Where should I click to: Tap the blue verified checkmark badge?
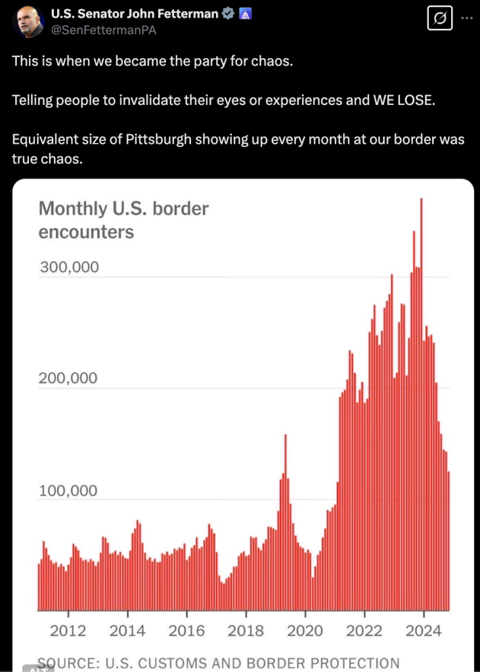pyautogui.click(x=228, y=14)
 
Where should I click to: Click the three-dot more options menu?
pyautogui.click(x=467, y=18)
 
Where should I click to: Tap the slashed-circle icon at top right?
pyautogui.click(x=439, y=19)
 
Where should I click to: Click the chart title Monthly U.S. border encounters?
pyautogui.click(x=123, y=220)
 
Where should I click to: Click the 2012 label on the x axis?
pyautogui.click(x=68, y=631)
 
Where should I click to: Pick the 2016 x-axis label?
pyautogui.click(x=186, y=631)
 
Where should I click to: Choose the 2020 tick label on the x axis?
pyautogui.click(x=305, y=631)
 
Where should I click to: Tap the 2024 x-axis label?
pyautogui.click(x=424, y=631)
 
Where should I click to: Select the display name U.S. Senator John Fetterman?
pyautogui.click(x=135, y=14)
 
